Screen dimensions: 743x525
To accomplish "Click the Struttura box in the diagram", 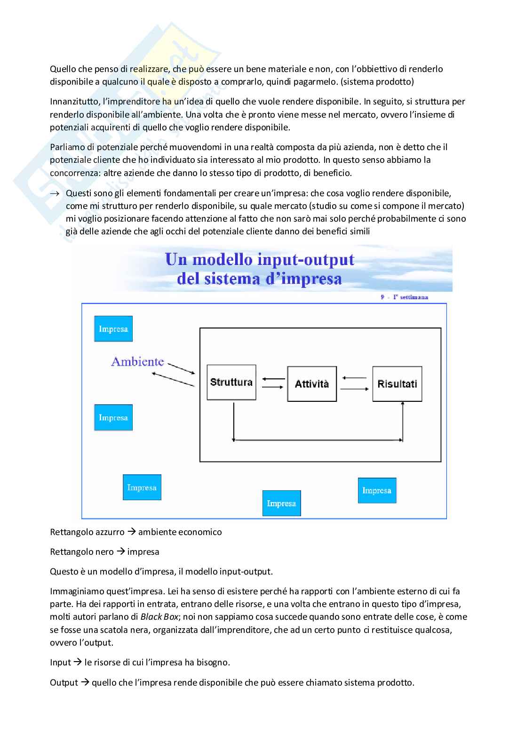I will [x=231, y=383].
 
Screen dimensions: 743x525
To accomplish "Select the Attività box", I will [x=312, y=384].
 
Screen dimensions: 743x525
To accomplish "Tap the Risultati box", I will [x=397, y=384].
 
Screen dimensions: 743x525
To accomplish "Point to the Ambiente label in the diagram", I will [x=137, y=361].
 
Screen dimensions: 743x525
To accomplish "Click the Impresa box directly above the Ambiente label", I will [x=113, y=328].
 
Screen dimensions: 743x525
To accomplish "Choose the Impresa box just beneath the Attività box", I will [x=281, y=503].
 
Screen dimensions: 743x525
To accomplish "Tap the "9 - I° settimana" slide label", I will [x=404, y=297].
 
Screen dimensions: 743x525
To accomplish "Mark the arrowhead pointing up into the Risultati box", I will [x=403, y=405].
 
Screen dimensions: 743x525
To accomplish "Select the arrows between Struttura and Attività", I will [x=273, y=383].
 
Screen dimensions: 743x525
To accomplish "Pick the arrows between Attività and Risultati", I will [x=354, y=383].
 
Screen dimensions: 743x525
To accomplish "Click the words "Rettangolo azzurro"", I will [x=87, y=532].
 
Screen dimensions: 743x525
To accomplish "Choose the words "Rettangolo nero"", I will [x=81, y=551].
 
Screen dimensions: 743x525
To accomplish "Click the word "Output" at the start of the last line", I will [x=64, y=682].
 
